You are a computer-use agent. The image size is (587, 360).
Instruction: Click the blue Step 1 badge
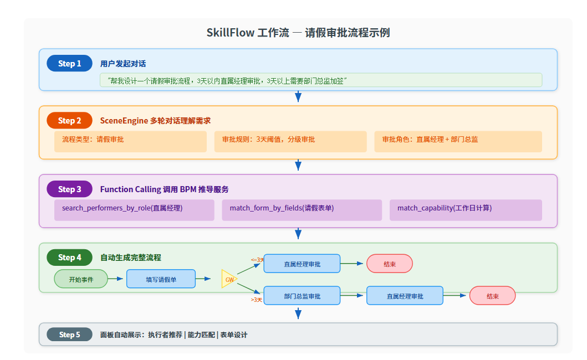click(x=69, y=64)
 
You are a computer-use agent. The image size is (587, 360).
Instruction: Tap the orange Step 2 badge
click(x=69, y=121)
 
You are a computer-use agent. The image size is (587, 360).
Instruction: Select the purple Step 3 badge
click(x=69, y=189)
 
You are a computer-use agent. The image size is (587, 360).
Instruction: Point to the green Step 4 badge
click(x=69, y=258)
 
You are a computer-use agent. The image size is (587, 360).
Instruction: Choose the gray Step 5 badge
click(x=69, y=335)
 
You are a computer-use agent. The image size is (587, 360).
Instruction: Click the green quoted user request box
click(x=320, y=80)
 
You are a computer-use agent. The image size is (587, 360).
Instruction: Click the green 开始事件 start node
click(x=81, y=279)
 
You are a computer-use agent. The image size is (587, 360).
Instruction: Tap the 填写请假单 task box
click(x=161, y=279)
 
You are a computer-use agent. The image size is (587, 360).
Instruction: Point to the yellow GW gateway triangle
click(x=228, y=279)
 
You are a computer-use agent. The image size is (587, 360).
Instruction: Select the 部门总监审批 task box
click(x=302, y=296)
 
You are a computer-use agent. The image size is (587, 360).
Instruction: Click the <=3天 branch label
click(x=257, y=260)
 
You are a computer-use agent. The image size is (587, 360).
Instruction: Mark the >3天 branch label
click(x=256, y=300)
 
